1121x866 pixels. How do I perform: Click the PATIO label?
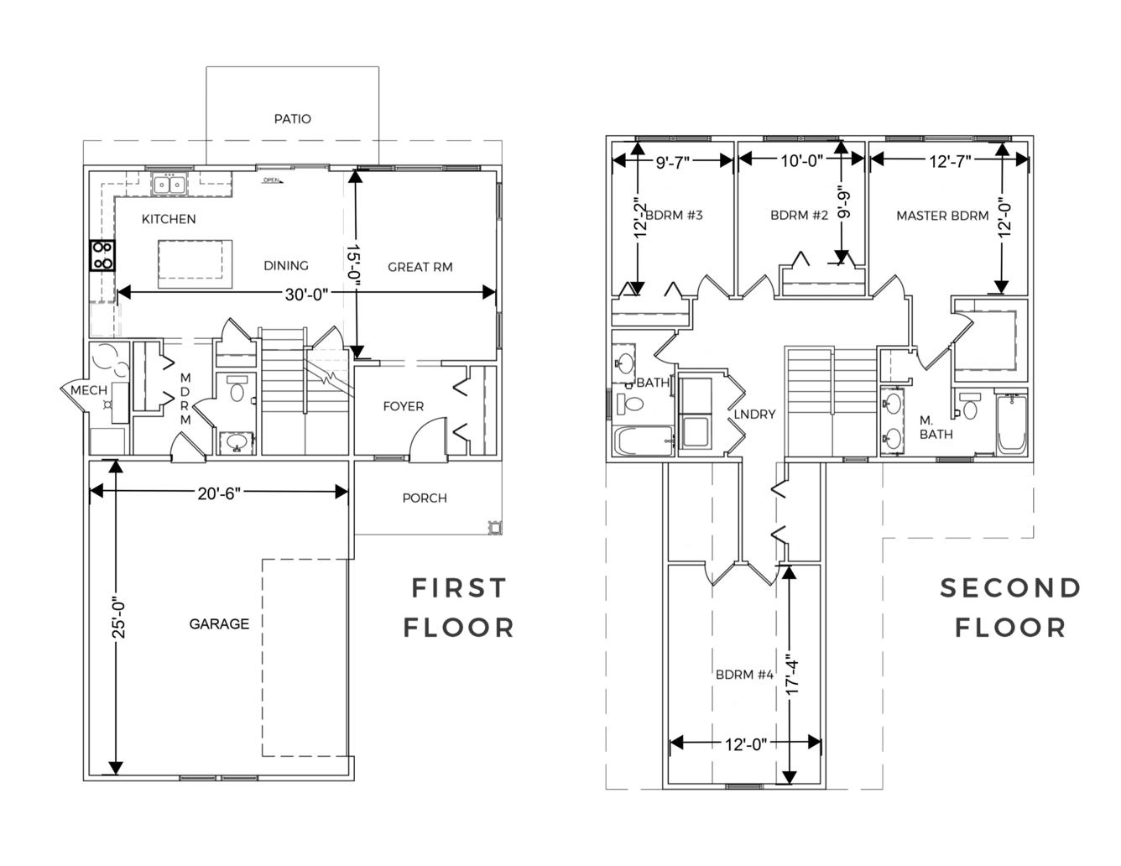coord(293,119)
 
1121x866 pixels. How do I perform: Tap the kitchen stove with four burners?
coord(102,255)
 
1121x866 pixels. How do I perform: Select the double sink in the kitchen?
coord(169,184)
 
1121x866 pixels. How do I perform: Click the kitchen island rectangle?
coord(195,264)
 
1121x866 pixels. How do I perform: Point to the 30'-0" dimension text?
coord(306,295)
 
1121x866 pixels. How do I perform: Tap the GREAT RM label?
coord(420,267)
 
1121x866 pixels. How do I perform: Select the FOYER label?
coord(404,406)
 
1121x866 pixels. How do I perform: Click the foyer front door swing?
coord(428,436)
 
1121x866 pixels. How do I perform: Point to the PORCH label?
coord(425,498)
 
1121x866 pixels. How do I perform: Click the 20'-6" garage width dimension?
coord(219,493)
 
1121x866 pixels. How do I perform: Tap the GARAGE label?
coord(219,624)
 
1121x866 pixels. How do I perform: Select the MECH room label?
coord(89,390)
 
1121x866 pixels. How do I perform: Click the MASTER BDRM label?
coord(942,216)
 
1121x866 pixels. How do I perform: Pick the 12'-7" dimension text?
coord(950,162)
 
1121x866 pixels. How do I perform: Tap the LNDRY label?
coord(754,415)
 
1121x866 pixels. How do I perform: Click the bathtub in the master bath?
coord(1012,424)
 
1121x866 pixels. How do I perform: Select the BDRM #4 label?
coord(744,675)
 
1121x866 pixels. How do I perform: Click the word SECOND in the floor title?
coord(1010,588)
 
